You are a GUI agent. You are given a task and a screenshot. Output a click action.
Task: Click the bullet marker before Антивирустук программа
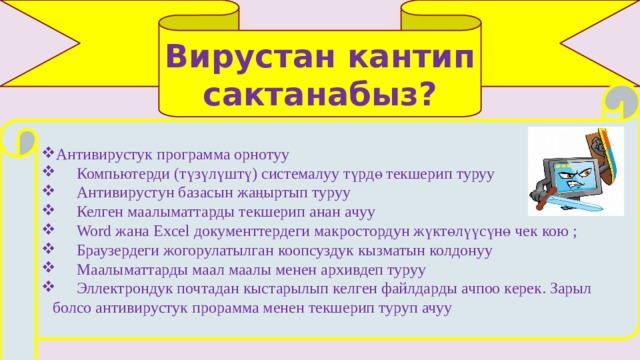pyautogui.click(x=49, y=153)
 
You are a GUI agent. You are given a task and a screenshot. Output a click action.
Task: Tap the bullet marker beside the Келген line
pyautogui.click(x=49, y=210)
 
